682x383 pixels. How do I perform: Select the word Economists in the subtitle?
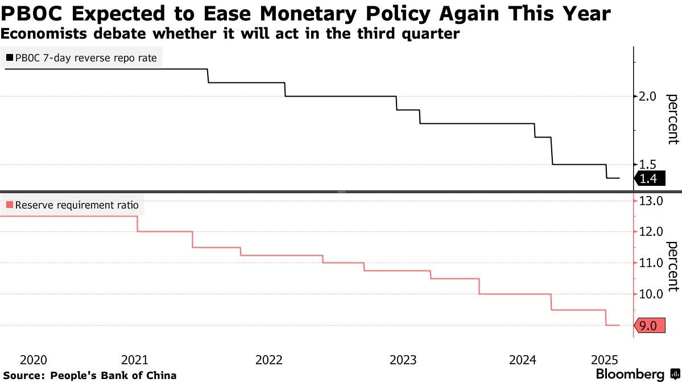click(x=44, y=34)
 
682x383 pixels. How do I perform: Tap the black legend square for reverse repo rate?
click(x=10, y=57)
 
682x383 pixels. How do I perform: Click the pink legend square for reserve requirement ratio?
click(x=10, y=205)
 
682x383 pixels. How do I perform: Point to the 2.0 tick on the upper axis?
click(x=647, y=96)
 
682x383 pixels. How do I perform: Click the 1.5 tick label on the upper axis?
click(x=647, y=164)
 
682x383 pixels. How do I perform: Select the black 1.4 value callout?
click(x=650, y=178)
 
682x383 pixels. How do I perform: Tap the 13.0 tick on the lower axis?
click(x=651, y=201)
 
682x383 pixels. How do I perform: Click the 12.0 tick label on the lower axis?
click(x=651, y=231)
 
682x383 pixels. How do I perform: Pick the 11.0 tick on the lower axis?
click(x=651, y=263)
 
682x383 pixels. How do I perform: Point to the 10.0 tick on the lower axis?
click(x=651, y=294)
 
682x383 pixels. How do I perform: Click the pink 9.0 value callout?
click(x=650, y=325)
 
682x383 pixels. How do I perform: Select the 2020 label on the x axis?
click(x=34, y=360)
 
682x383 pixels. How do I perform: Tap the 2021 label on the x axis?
click(x=135, y=360)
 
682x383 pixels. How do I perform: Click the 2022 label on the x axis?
click(x=269, y=360)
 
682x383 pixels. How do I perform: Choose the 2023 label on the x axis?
click(x=403, y=360)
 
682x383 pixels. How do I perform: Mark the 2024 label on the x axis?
click(x=523, y=360)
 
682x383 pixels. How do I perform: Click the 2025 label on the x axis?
click(x=605, y=360)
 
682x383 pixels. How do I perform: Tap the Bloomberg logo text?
click(x=630, y=374)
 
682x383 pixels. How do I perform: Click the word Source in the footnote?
click(x=23, y=375)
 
